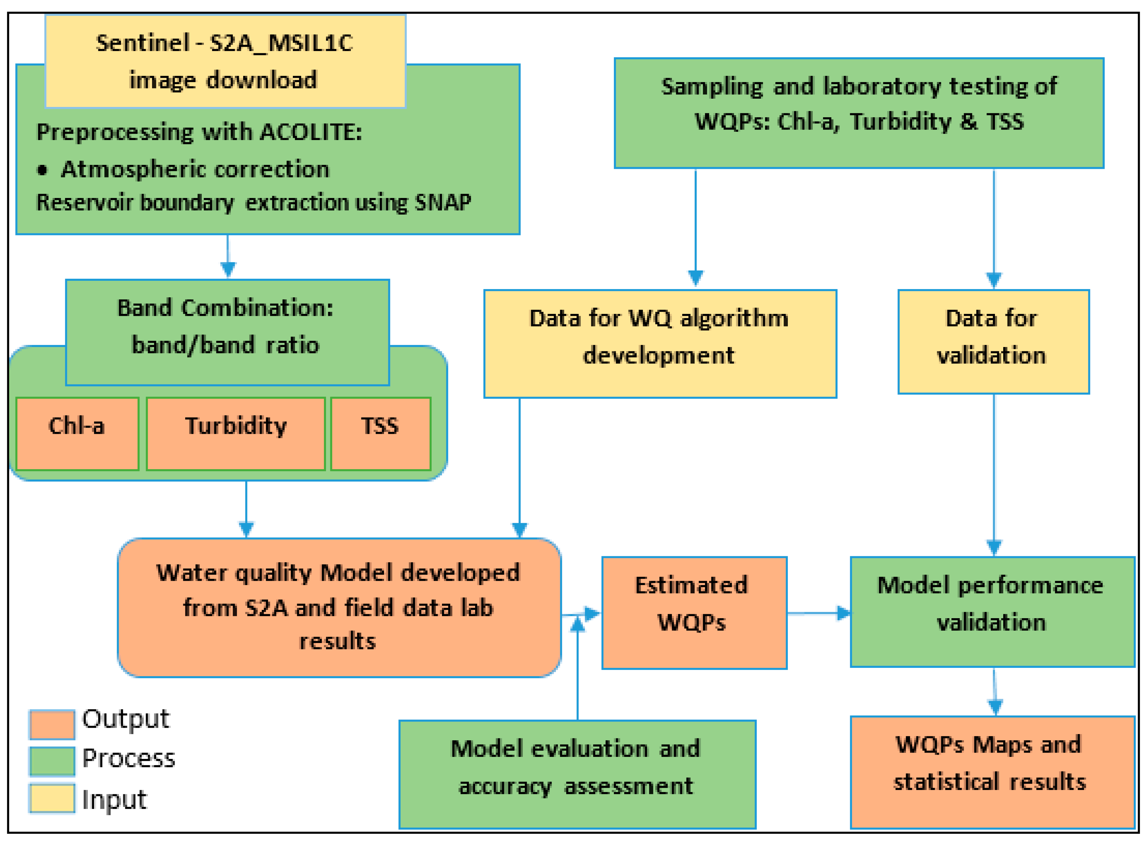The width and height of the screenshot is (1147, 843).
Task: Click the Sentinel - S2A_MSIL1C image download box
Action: tap(225, 61)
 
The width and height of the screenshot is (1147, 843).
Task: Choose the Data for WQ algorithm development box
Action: tap(660, 343)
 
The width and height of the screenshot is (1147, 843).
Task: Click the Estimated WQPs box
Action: tap(694, 612)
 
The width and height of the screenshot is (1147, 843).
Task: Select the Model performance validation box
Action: tap(992, 611)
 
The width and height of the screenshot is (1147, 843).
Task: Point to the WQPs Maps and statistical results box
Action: tap(992, 771)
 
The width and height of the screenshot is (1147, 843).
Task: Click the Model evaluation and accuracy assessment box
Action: tap(577, 773)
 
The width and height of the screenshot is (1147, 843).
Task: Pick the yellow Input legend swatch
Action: tap(52, 798)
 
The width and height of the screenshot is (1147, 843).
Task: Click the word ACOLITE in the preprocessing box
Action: tap(310, 132)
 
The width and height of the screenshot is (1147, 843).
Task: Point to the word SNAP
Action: tap(443, 203)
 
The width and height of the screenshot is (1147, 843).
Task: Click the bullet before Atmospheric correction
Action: tap(42, 170)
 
